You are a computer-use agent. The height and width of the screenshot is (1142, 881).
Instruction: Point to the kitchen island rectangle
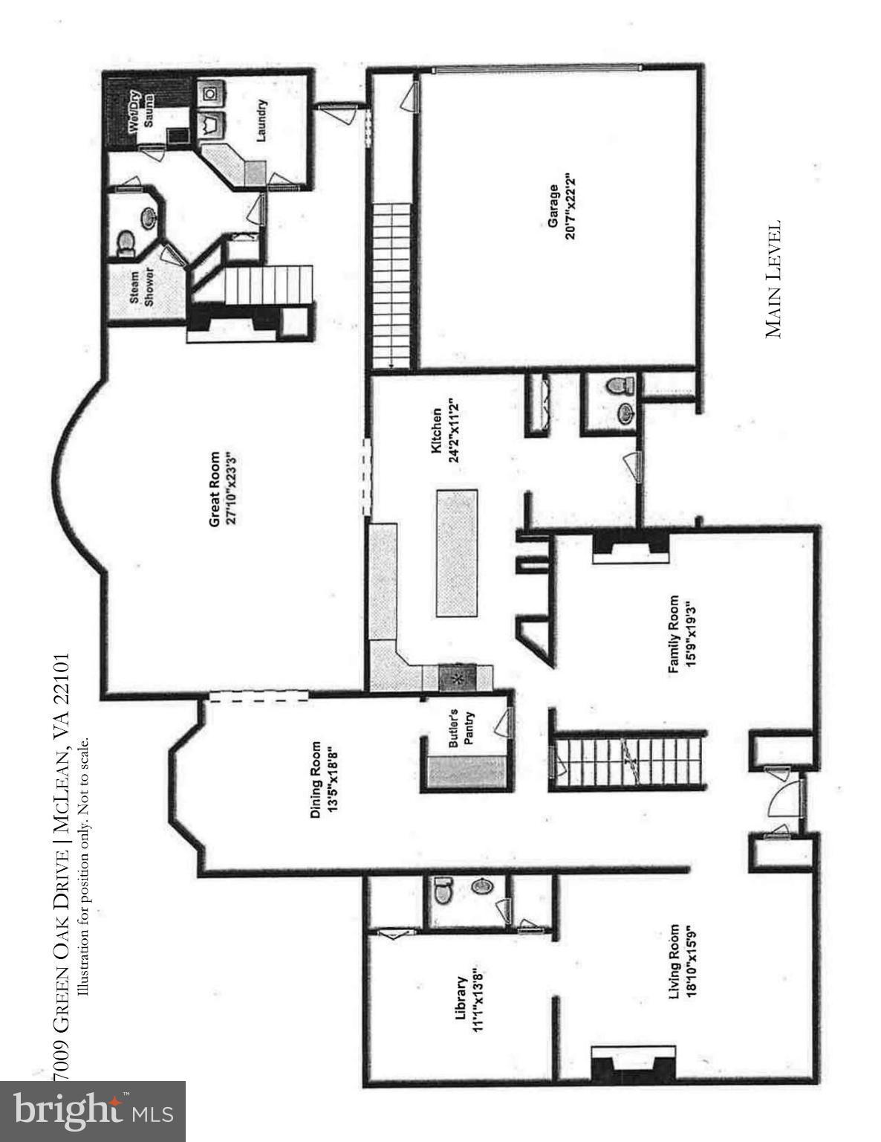456,552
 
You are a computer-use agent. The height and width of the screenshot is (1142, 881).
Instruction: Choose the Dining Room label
315,780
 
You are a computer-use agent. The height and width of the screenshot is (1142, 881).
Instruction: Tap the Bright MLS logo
92,1112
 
